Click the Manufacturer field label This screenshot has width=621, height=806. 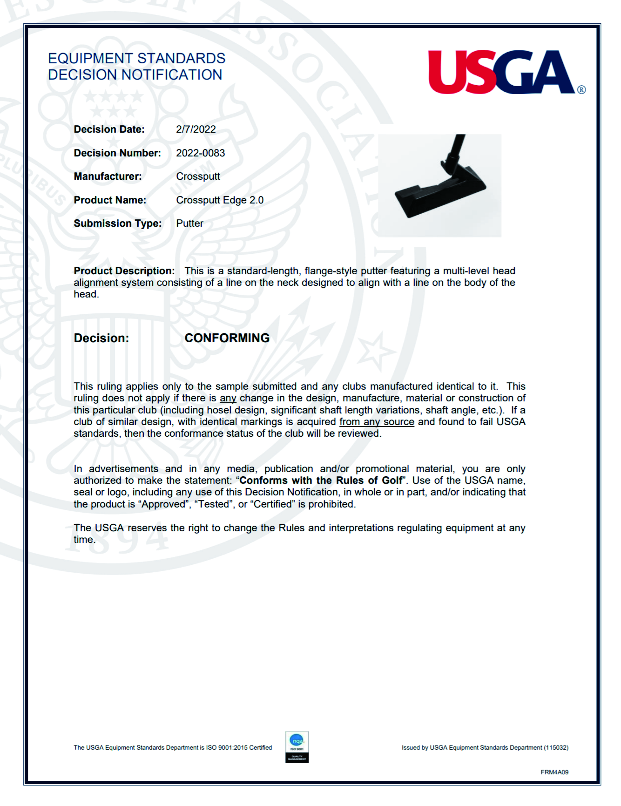tap(107, 176)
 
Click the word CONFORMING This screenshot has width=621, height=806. tap(227, 338)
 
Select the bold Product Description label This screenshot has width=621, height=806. tap(124, 271)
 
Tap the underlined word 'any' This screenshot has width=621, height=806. tap(228, 398)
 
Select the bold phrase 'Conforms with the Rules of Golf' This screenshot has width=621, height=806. tap(320, 480)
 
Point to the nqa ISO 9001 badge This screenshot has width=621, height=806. tap(297, 747)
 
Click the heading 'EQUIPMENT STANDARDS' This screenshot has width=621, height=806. tap(137, 58)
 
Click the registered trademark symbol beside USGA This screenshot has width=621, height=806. tap(581, 90)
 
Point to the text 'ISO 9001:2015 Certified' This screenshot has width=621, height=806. tap(239, 748)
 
